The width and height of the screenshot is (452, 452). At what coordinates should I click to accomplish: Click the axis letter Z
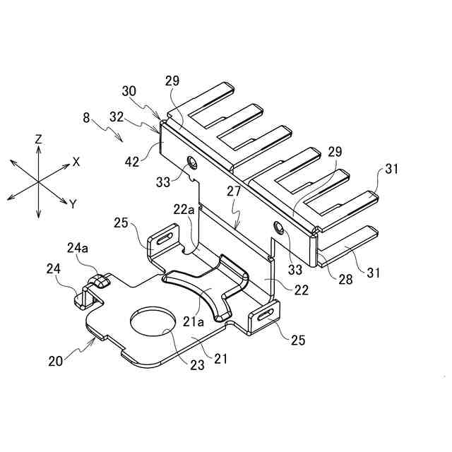click(x=39, y=140)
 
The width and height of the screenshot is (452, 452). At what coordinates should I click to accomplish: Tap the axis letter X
click(x=76, y=161)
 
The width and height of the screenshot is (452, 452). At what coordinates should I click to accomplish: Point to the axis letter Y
click(x=73, y=204)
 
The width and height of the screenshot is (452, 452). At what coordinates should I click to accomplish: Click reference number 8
click(x=86, y=118)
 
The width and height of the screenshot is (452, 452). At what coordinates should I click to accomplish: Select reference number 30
click(x=129, y=92)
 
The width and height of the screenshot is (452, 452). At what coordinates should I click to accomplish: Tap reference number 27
click(x=234, y=191)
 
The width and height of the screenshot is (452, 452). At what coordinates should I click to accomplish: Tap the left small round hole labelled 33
click(x=191, y=165)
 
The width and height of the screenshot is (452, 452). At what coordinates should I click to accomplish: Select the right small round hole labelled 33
click(x=279, y=227)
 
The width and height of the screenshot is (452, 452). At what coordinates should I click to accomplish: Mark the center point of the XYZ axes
click(x=39, y=182)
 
